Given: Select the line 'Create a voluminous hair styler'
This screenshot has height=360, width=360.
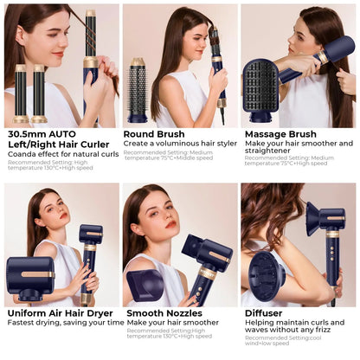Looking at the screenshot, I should coord(178,144).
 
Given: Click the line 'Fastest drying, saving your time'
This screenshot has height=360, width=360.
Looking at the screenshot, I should coord(66,323).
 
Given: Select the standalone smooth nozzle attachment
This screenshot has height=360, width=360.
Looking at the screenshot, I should coord(144,284).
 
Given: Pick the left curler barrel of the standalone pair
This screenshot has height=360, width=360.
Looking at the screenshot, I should coord(21,94).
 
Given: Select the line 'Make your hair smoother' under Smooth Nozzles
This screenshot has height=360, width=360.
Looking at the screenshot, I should coord(172,323).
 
